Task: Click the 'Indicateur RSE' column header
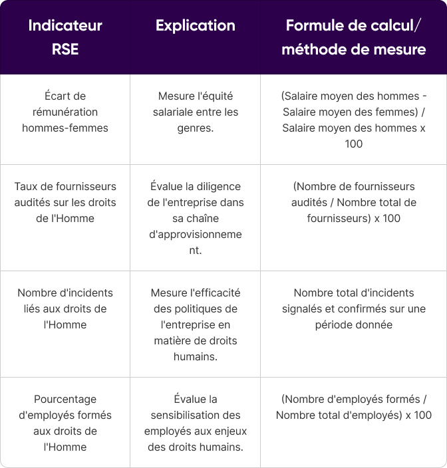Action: pyautogui.click(x=65, y=37)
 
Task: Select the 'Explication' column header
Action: pyautogui.click(x=195, y=26)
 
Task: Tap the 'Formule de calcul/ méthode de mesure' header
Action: pyautogui.click(x=353, y=37)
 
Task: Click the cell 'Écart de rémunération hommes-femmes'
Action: pyautogui.click(x=65, y=112)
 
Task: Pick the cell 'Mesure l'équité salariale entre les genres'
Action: pyautogui.click(x=195, y=112)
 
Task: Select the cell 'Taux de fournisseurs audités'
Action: pyautogui.click(x=65, y=202)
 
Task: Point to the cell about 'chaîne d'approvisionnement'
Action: pyautogui.click(x=195, y=218)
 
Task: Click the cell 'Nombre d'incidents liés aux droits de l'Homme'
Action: pyautogui.click(x=65, y=308)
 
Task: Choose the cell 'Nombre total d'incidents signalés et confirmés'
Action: pyautogui.click(x=353, y=308)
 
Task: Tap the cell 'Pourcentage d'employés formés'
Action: pyautogui.click(x=65, y=423)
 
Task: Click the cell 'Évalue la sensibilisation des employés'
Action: pyautogui.click(x=195, y=423)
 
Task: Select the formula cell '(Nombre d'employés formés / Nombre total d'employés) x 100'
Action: pyautogui.click(x=353, y=407)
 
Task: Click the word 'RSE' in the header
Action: pyautogui.click(x=65, y=49)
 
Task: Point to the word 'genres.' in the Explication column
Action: pyautogui.click(x=195, y=128)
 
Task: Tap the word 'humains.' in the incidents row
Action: pyautogui.click(x=195, y=356)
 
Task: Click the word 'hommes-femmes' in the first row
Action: pyautogui.click(x=65, y=128)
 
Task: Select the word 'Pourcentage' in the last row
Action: pyautogui.click(x=65, y=399)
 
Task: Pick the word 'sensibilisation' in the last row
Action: pyautogui.click(x=195, y=415)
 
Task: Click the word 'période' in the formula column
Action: pyautogui.click(x=334, y=324)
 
